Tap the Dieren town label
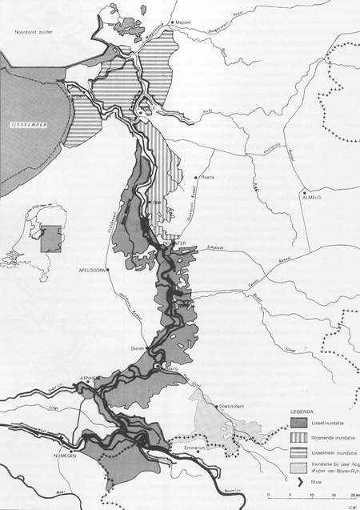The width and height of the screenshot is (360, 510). click(x=137, y=349)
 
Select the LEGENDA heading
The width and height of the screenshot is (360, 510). click(x=302, y=411)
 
